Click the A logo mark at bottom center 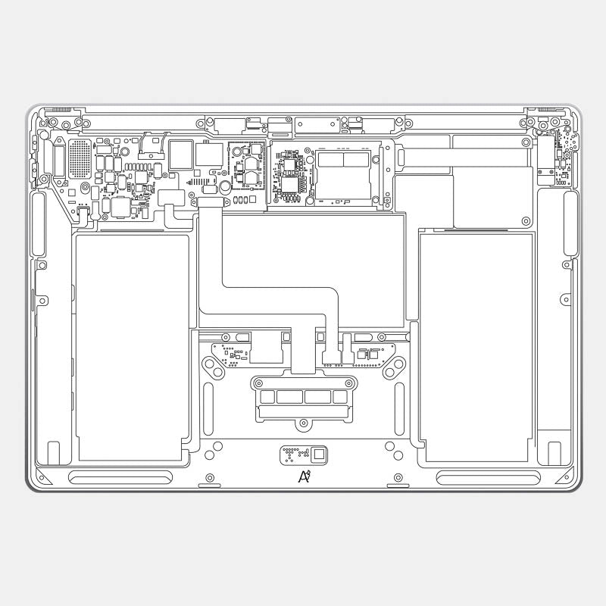tap(305, 476)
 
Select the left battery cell tap(133, 347)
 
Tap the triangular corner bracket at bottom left tap(39, 477)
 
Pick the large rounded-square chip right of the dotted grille tap(180, 154)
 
